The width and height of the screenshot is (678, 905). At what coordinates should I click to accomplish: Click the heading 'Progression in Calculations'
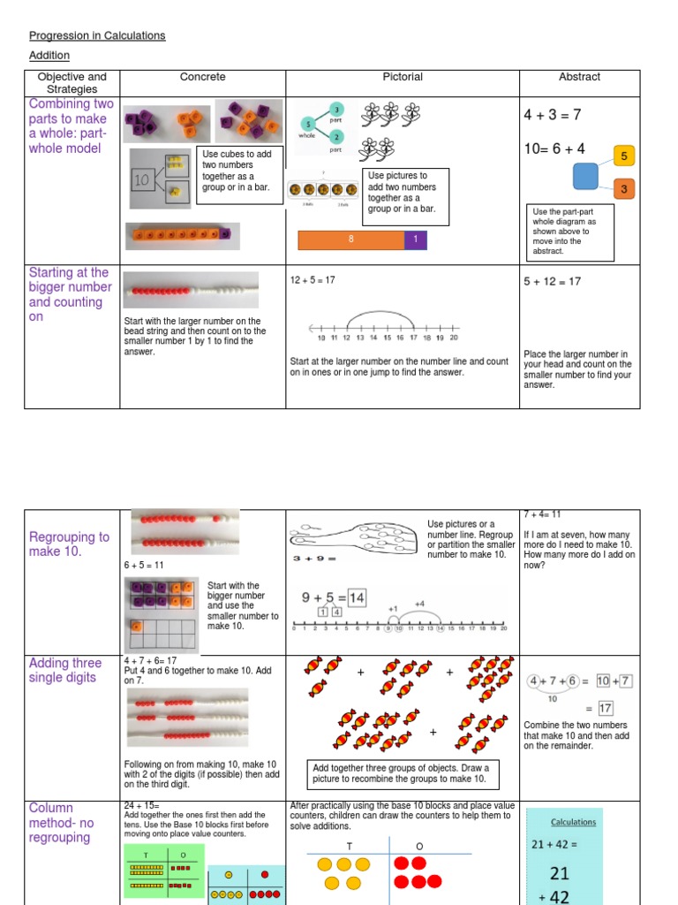97,35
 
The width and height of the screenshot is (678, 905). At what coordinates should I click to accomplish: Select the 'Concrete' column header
202,77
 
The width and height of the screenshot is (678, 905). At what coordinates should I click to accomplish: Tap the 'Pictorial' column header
403,77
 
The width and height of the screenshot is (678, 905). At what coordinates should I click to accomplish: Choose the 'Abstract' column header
579,77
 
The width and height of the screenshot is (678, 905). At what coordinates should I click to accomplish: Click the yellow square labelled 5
624,156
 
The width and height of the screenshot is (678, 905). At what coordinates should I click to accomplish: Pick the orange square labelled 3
624,189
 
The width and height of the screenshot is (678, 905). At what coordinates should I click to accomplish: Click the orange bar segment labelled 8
350,239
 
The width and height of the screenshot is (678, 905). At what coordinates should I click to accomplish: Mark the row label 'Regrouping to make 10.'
69,544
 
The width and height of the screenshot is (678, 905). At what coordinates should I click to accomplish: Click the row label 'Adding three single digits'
65,670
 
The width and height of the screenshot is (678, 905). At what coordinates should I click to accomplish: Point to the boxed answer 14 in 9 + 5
356,597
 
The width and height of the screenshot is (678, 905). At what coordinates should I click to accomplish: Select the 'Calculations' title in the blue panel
573,821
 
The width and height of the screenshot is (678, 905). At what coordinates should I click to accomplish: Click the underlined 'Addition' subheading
49,55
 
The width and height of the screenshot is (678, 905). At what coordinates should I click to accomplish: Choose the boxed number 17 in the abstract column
605,708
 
